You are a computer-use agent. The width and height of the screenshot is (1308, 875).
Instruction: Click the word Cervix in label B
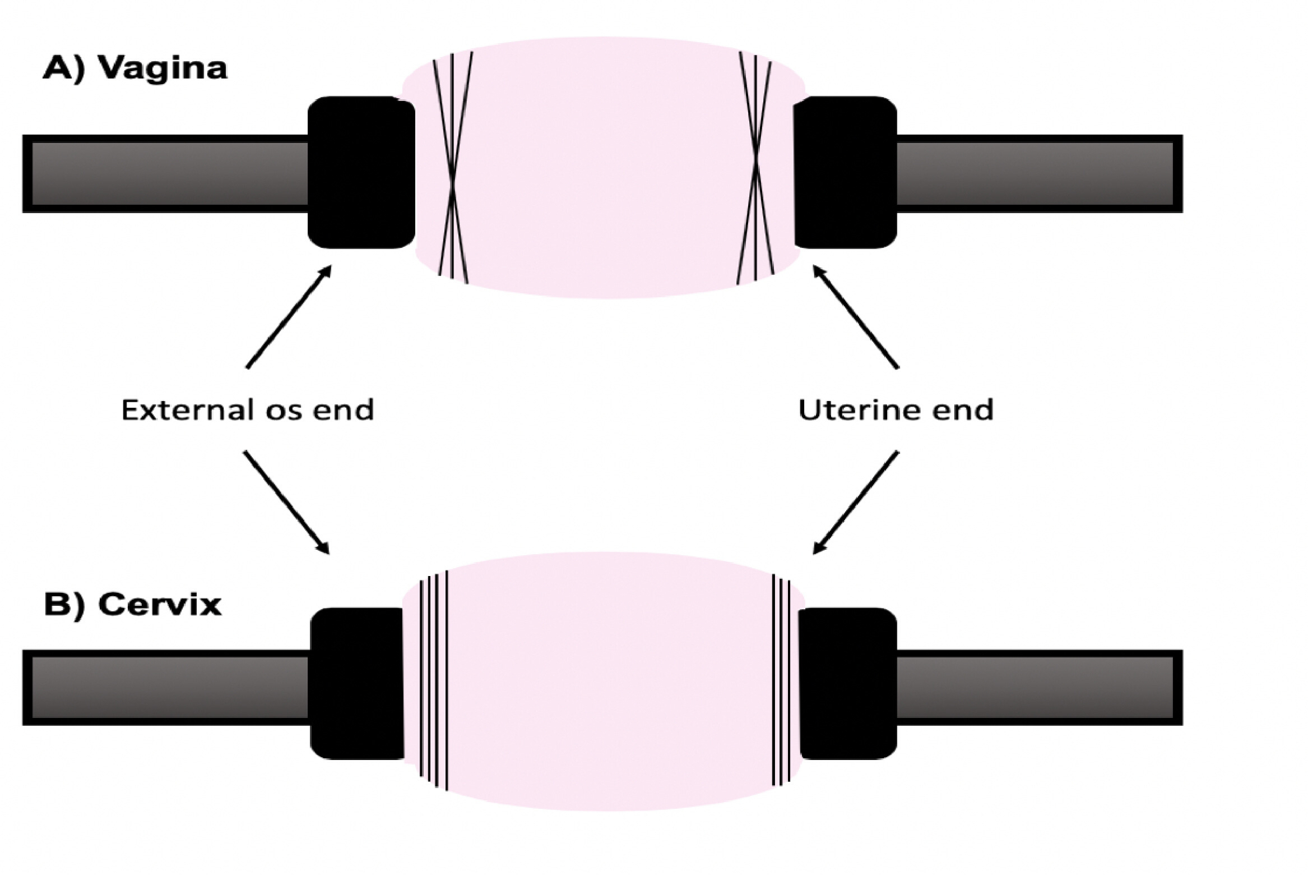click(x=160, y=605)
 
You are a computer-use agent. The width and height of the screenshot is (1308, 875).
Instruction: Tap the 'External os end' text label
click(x=247, y=410)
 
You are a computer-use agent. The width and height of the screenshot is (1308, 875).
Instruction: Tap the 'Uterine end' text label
click(x=896, y=410)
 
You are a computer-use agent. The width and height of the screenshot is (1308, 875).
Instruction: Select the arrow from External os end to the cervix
click(x=286, y=503)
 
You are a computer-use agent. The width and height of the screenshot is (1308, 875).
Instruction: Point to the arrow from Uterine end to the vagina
click(x=856, y=317)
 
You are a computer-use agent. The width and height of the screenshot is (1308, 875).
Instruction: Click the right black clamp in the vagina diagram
click(x=845, y=172)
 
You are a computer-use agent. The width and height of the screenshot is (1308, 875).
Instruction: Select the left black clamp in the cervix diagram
click(x=356, y=683)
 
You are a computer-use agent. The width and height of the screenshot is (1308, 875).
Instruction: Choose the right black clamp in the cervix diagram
click(x=848, y=683)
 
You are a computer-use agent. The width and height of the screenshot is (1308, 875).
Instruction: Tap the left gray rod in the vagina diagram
click(x=168, y=173)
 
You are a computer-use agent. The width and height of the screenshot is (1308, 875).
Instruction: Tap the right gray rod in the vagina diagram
click(x=1037, y=173)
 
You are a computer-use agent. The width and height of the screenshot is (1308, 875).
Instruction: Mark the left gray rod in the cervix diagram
click(x=168, y=688)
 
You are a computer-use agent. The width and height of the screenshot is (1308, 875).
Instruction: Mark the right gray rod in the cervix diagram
click(x=1037, y=688)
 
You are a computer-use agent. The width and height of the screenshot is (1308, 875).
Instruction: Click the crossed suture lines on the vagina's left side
click(x=453, y=168)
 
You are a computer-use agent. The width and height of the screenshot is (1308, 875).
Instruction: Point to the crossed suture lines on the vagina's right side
click(x=756, y=168)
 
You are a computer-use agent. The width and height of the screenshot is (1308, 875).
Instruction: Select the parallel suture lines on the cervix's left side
click(x=434, y=681)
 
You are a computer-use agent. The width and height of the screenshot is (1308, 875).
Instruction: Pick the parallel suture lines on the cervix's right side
click(x=781, y=681)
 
